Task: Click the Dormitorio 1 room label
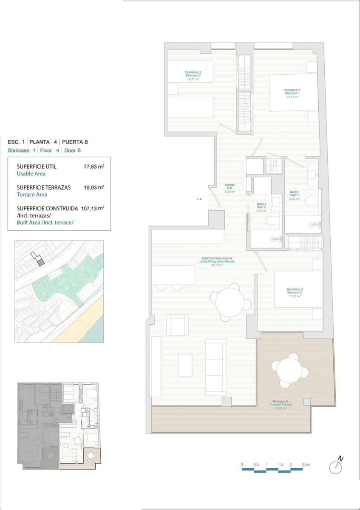292,90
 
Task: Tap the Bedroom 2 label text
193,75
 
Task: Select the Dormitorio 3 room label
294,289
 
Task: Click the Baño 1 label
295,193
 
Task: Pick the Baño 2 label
262,204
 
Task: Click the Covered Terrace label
281,405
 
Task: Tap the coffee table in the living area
185,365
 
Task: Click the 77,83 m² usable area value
94,167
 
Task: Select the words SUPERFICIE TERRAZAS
44,187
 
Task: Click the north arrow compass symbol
336,466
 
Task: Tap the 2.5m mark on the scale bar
306,465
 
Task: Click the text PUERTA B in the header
75,142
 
